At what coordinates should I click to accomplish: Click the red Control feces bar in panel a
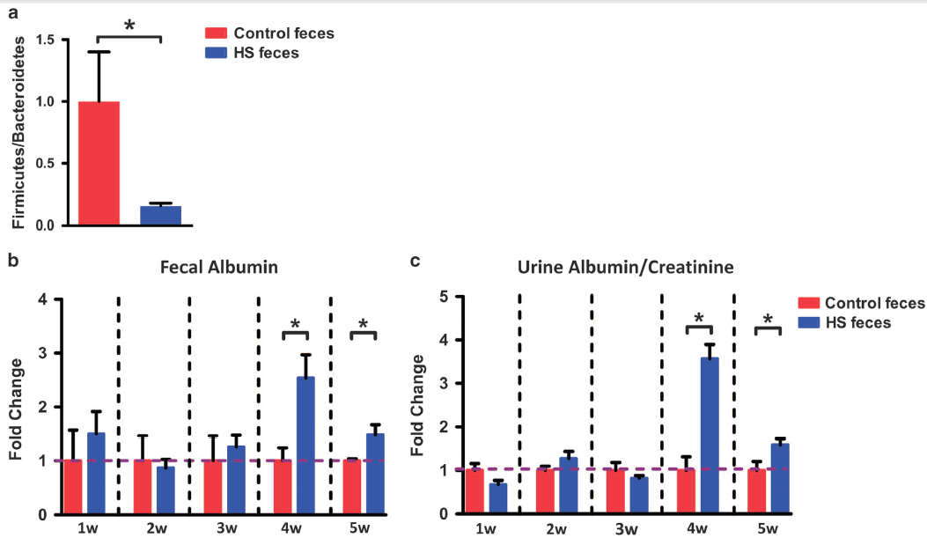99,164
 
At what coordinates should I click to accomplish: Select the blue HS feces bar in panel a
161,216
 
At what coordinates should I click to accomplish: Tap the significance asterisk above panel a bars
129,25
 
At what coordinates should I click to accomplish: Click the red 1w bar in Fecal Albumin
72,487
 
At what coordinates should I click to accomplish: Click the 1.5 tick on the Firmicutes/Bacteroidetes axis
43,41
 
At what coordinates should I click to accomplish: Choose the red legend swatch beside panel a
217,33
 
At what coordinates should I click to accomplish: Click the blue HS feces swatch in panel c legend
810,322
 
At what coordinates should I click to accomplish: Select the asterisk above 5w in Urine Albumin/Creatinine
768,320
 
